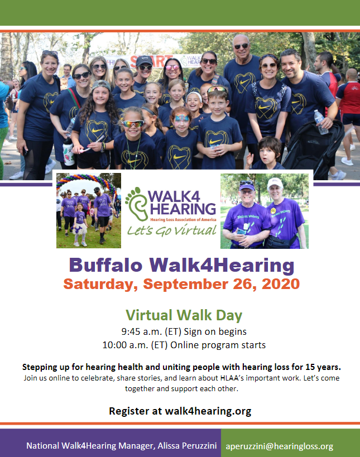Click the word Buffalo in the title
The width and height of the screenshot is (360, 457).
coord(105,264)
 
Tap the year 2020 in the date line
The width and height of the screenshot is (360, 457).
coord(281,284)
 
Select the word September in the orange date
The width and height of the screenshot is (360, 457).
coord(186,285)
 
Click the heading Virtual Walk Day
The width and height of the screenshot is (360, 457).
coord(184,315)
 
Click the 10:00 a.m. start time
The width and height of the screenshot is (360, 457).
coord(126,345)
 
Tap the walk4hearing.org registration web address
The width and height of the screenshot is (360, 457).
coord(208,411)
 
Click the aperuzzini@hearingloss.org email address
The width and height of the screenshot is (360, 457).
coord(279,446)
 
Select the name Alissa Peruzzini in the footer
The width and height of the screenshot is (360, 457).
coord(187,446)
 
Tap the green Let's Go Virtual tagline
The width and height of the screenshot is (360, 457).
coord(172,230)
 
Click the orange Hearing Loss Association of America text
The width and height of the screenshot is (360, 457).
coord(183,219)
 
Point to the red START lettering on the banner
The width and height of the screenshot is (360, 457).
coord(152,61)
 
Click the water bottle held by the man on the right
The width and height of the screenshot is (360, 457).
coord(321,122)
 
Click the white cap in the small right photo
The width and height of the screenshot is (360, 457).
coord(275,183)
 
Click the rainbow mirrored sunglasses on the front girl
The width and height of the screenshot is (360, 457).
coord(133,124)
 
